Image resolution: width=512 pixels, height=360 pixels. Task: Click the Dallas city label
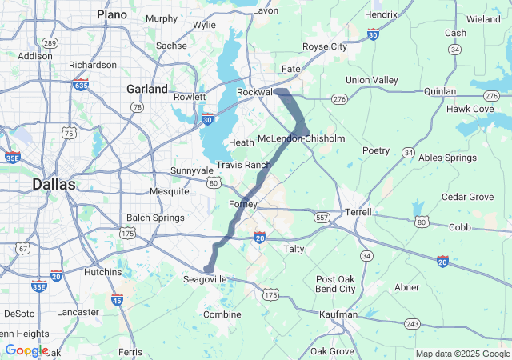54,184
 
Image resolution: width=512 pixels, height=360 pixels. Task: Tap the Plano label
112,14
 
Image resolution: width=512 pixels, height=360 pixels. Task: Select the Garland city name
147,89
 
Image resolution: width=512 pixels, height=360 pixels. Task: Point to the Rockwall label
256,92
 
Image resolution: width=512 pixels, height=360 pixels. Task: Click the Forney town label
243,204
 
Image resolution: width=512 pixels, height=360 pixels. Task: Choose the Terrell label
358,212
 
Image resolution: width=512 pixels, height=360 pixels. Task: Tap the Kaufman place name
337,315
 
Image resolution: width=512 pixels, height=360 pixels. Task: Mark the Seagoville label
205,279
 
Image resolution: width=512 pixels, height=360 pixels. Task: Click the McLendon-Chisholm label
302,139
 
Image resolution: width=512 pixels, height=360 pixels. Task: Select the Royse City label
325,46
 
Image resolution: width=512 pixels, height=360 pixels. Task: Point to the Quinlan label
440,91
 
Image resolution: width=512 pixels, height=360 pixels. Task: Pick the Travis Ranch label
243,165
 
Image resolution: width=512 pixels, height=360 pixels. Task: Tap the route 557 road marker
322,217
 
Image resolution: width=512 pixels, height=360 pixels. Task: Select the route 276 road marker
339,98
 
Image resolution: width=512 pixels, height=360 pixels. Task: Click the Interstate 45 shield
117,299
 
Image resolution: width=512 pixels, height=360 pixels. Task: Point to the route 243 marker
412,323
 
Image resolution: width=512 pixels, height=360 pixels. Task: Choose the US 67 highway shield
22,249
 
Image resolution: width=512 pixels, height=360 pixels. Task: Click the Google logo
26,350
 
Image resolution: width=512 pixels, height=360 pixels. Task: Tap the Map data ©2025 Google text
462,354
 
